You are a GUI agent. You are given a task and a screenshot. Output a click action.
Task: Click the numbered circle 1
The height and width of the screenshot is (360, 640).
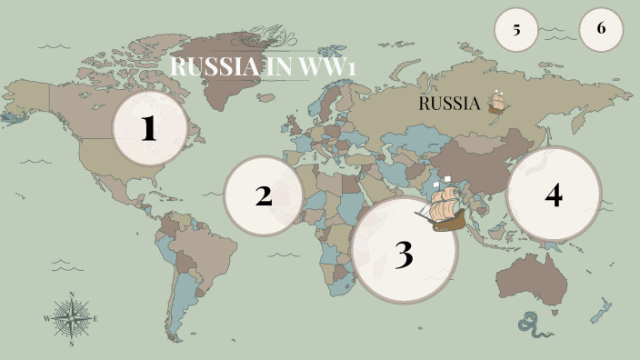(149, 128)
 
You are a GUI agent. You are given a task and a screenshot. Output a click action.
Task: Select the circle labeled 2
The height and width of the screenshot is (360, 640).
(263, 195)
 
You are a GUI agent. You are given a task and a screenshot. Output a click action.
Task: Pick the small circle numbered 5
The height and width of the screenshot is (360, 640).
(516, 29)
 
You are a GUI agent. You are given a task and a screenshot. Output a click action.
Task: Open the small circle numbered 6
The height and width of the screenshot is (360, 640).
(601, 28)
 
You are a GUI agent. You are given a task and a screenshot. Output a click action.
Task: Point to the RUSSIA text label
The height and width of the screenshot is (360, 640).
(448, 104)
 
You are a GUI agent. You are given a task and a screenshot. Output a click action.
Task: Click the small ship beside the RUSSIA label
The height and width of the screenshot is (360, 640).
(497, 102)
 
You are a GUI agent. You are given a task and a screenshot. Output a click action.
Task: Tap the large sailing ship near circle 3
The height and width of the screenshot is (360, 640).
(443, 207)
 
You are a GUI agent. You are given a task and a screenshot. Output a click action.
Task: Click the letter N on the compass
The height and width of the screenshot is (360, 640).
(71, 295)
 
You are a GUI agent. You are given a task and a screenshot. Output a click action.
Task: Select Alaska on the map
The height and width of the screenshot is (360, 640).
(27, 95)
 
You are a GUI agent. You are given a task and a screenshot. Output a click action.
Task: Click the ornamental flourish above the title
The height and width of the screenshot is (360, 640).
(264, 37)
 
